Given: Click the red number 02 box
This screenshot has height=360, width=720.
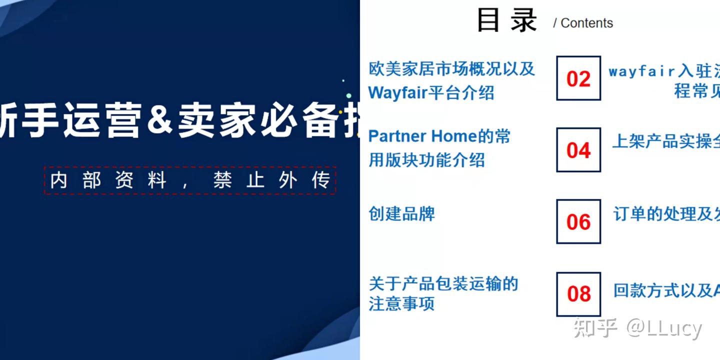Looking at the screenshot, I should (578, 78).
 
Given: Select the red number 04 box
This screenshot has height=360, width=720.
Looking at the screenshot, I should (578, 150).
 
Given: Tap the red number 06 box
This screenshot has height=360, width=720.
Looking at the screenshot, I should (578, 221).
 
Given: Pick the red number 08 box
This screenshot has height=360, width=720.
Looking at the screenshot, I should (578, 294).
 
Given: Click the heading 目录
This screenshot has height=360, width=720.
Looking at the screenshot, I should (506, 21).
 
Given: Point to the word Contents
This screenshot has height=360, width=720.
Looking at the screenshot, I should (586, 23).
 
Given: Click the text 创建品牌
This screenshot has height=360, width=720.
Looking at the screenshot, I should (401, 213).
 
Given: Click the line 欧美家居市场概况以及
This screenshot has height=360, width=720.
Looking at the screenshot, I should (451, 68).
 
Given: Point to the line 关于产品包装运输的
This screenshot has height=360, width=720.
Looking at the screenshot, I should (443, 283).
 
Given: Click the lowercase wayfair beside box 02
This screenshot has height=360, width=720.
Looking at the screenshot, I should (640, 71).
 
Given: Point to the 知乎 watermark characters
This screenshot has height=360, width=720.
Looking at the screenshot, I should (595, 328).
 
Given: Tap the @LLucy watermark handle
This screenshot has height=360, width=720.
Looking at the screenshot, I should (664, 328).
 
